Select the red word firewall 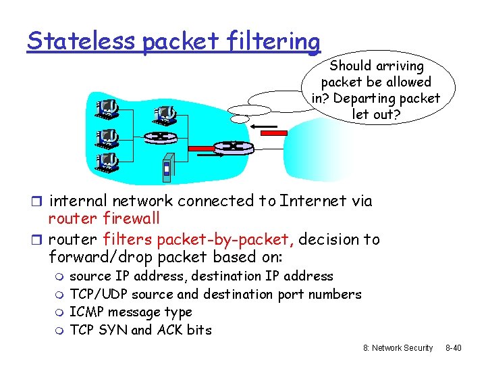(131, 218)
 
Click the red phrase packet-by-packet (225, 239)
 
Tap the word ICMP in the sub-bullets (86, 312)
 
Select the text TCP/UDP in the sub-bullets (99, 294)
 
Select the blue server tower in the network (167, 171)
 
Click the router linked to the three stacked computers (159, 136)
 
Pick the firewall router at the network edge (232, 146)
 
